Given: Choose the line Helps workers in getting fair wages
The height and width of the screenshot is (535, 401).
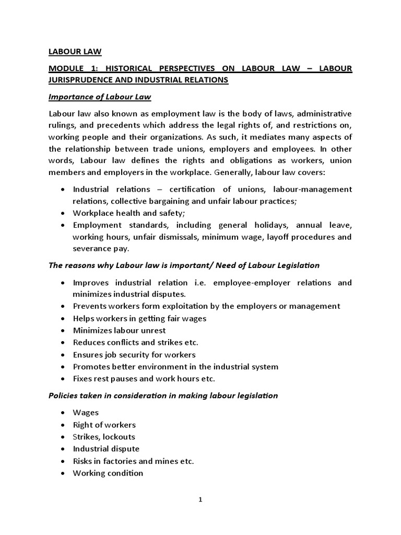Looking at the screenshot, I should [x=139, y=318].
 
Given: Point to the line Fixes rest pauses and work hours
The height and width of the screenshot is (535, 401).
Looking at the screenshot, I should [x=144, y=378].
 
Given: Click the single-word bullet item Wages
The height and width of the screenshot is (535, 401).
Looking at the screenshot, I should [x=86, y=413].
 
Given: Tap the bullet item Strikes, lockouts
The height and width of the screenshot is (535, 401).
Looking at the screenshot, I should [x=103, y=436].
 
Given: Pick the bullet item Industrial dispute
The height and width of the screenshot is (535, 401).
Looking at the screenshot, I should [x=106, y=449].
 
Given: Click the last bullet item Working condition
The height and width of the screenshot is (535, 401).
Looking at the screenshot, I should [x=108, y=473].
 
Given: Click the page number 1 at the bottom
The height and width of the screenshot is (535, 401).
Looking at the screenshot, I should [x=200, y=499].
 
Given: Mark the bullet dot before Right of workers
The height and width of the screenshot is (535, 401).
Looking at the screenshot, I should [x=63, y=425].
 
